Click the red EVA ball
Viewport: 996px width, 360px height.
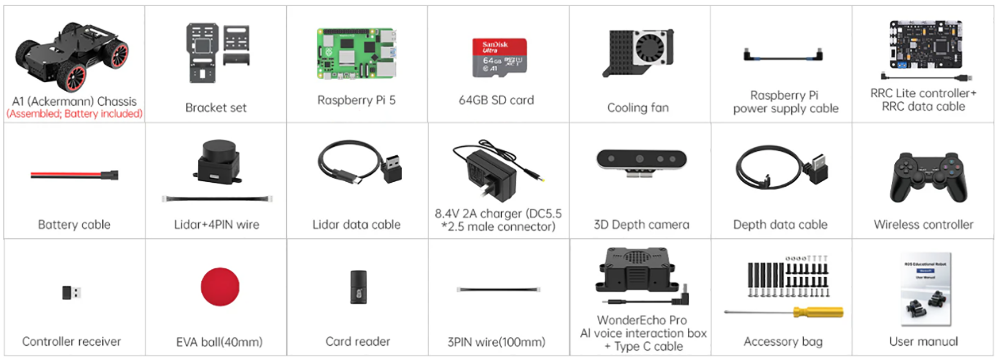[220, 287]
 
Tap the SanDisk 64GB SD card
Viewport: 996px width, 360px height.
[499, 57]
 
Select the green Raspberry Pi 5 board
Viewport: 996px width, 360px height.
[356, 54]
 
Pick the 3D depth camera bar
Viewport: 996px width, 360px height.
[641, 159]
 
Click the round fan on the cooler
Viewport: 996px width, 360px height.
[650, 47]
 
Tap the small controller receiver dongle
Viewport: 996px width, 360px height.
[71, 292]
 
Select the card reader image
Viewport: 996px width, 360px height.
[358, 287]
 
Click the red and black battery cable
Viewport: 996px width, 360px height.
[74, 175]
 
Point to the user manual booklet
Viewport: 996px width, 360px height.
[925, 289]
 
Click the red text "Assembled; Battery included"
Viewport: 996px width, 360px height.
[74, 114]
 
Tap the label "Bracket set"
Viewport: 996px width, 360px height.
[216, 107]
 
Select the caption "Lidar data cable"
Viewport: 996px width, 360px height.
[357, 224]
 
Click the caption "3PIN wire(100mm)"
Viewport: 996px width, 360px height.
[496, 341]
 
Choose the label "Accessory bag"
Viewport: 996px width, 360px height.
[783, 341]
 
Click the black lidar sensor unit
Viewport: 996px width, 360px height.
[218, 161]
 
